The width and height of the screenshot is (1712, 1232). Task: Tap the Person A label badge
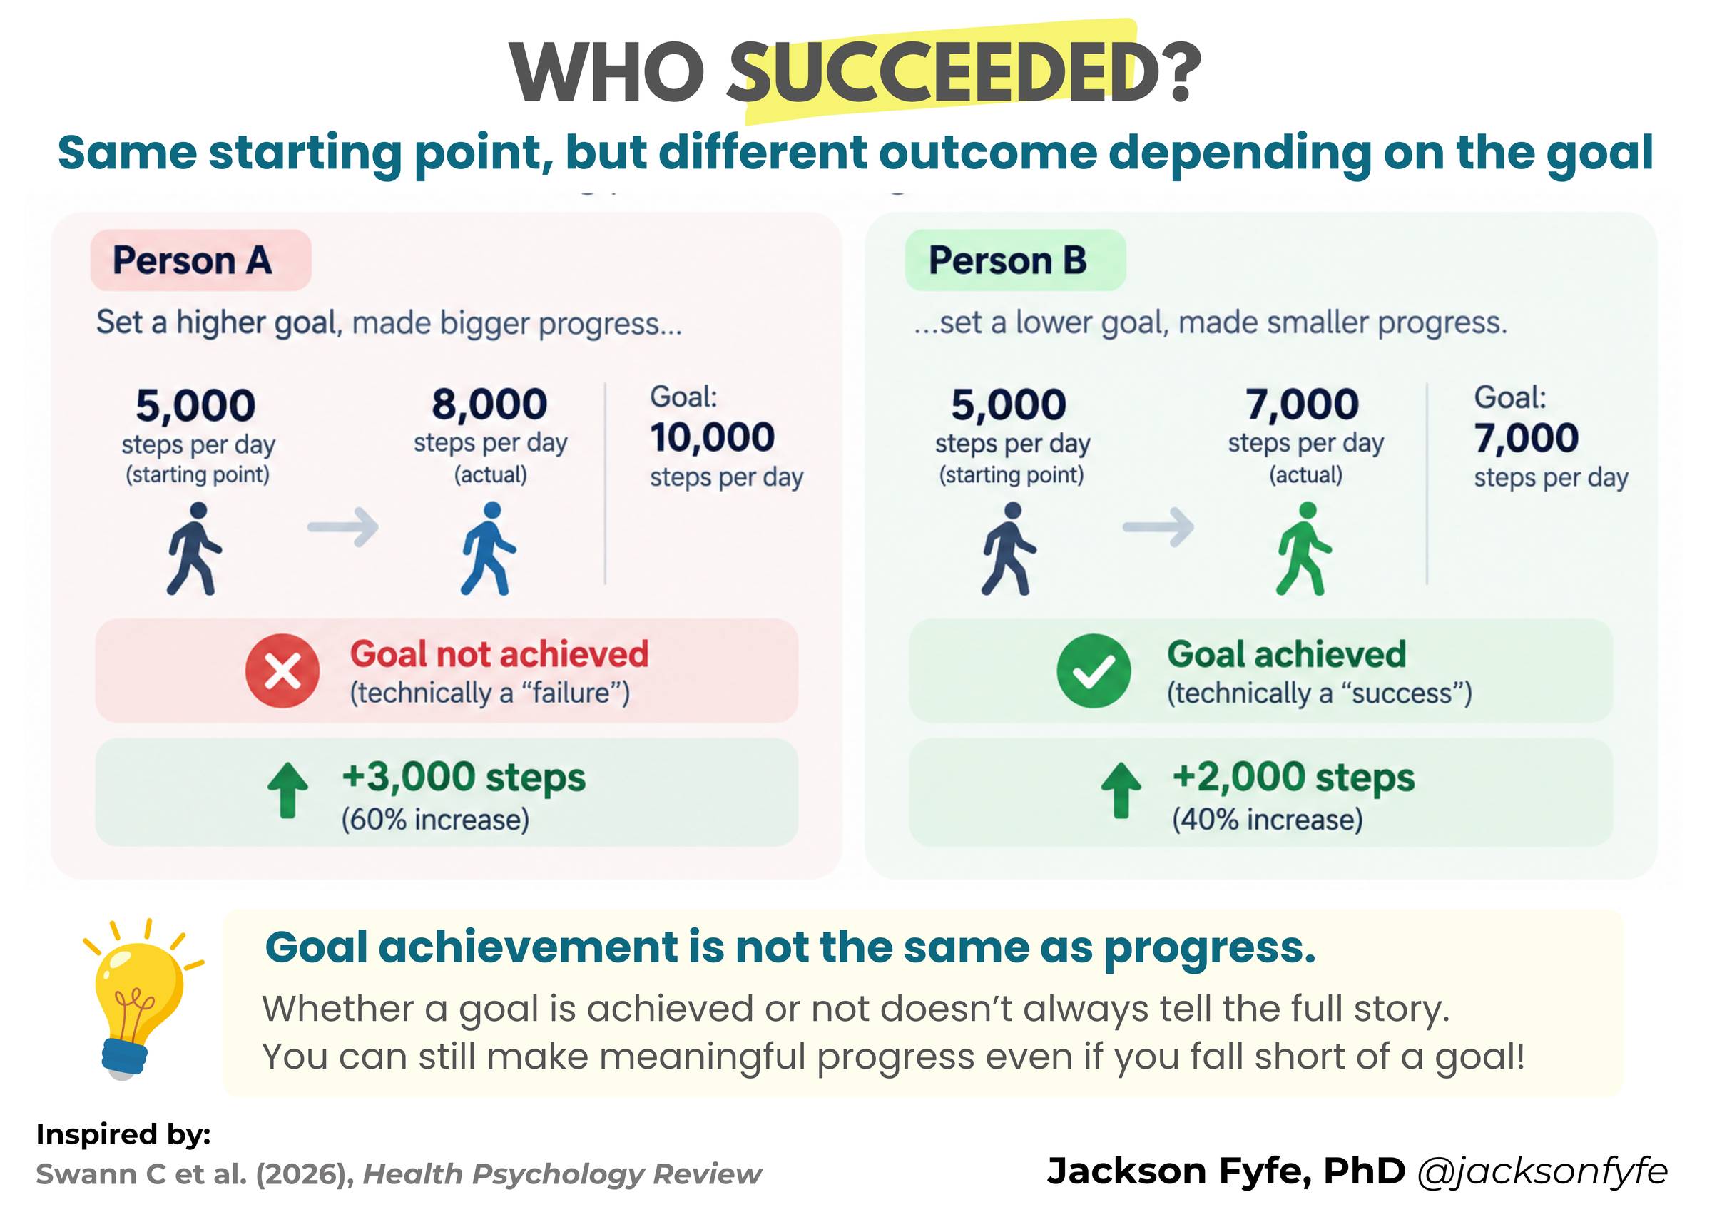pos(200,260)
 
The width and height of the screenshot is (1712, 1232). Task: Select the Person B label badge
pos(1015,260)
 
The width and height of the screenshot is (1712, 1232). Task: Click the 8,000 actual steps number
pos(489,404)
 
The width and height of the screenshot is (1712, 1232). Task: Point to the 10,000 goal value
pos(712,438)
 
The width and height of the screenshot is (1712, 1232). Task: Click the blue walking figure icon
pos(489,548)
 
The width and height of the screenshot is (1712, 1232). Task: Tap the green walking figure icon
pos(1304,548)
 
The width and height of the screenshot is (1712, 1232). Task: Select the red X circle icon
pos(282,671)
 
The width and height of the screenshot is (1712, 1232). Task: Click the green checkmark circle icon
pos(1094,671)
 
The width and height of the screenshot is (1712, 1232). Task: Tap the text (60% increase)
pos(436,820)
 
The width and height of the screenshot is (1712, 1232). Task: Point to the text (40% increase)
pos(1268,820)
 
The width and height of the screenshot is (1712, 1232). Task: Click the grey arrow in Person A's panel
pos(342,526)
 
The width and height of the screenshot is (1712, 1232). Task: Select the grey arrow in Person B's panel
pos(1158,526)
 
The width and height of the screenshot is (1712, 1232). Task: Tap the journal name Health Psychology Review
pos(562,1175)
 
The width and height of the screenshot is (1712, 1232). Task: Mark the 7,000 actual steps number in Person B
pos(1302,404)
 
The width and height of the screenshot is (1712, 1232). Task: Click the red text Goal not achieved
pos(499,654)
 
